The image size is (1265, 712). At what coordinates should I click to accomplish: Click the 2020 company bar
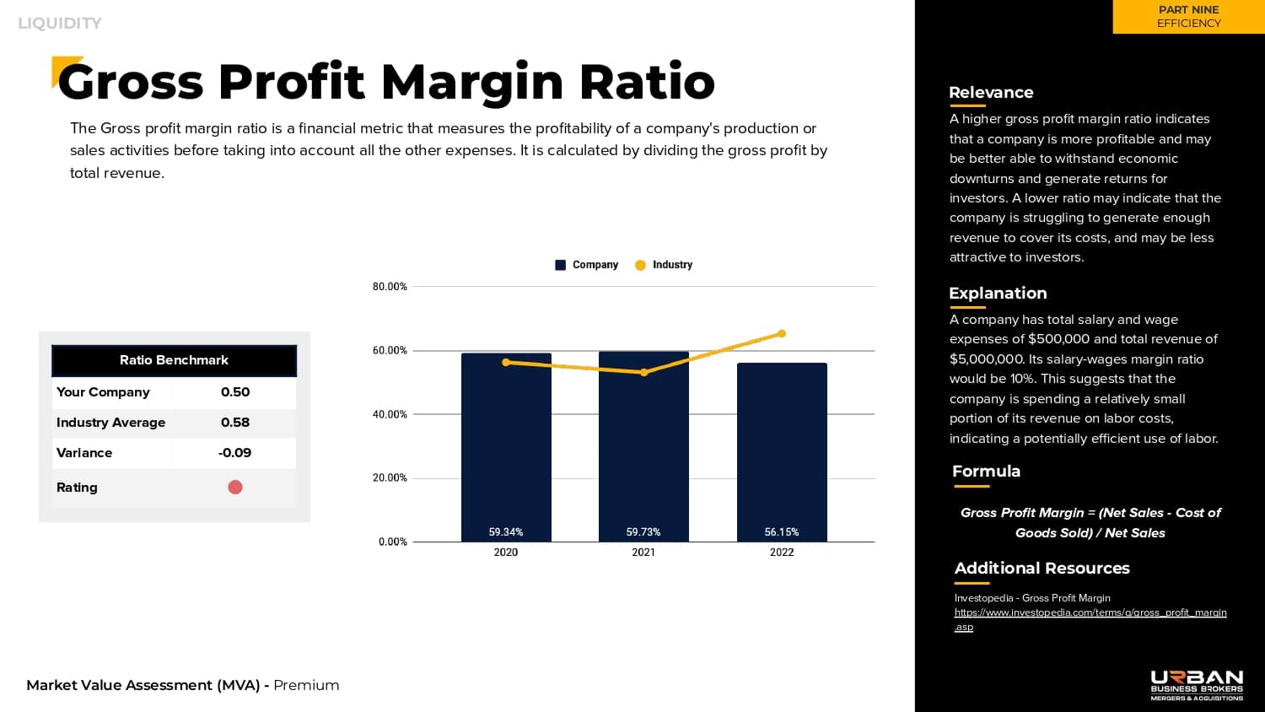(506, 447)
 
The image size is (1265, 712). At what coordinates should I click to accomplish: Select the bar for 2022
(782, 452)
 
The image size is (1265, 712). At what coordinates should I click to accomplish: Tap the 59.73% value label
(643, 532)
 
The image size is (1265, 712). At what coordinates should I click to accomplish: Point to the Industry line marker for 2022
(782, 333)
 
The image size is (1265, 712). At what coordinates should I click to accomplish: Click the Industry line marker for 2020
(506, 363)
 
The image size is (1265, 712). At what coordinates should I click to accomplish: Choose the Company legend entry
(587, 265)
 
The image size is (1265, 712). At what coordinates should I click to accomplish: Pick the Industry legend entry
(664, 265)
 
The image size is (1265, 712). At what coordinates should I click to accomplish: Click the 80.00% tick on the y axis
(390, 287)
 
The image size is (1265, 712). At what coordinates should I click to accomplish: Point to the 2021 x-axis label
(643, 553)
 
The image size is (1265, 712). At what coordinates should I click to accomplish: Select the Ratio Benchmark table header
(174, 360)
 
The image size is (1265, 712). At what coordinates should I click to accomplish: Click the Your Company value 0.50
(235, 392)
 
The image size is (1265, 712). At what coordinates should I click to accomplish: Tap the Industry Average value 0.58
(235, 423)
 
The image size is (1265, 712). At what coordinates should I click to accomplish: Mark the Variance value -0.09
(234, 453)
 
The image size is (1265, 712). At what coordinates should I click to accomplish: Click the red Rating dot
(235, 487)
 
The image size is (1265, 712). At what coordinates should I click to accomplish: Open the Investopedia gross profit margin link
(1090, 613)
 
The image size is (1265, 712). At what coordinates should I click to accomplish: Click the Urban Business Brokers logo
(1197, 685)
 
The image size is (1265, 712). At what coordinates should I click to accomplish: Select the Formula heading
(986, 472)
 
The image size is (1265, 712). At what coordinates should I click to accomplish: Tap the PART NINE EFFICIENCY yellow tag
(1188, 17)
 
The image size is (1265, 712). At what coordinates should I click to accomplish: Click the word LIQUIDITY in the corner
(60, 24)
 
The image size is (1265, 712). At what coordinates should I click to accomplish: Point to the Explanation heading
(998, 294)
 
